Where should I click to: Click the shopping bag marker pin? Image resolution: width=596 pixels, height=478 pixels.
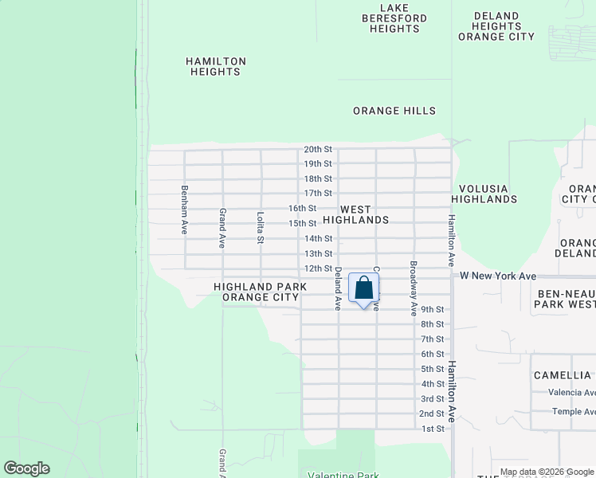[x=363, y=289]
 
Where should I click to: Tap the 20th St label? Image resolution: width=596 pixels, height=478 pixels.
[x=317, y=150]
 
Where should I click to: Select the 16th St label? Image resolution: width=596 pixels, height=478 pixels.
[x=303, y=209]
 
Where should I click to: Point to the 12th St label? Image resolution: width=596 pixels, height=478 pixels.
[x=318, y=268]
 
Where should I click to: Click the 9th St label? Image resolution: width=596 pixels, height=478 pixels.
[x=432, y=310]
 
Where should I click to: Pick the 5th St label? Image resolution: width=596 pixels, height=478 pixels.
[x=432, y=370]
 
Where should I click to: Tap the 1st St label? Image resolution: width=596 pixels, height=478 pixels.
[x=432, y=429]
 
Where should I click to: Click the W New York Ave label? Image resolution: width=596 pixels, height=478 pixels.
[x=498, y=276]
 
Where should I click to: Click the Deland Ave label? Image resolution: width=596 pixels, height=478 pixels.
[x=338, y=288]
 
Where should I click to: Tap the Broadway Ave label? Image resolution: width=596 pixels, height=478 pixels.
[x=414, y=288]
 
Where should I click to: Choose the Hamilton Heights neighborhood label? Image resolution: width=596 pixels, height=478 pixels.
[x=216, y=66]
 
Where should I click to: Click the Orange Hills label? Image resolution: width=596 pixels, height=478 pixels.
[x=394, y=111]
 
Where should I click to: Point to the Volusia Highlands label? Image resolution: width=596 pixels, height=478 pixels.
[x=484, y=194]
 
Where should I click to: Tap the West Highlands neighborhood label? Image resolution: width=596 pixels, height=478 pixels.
[x=355, y=214]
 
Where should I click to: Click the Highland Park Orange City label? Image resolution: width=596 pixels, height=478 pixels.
[x=261, y=292]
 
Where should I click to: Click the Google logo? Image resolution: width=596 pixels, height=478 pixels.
[x=26, y=468]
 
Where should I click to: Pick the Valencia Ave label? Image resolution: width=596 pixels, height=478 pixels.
[x=571, y=393]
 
